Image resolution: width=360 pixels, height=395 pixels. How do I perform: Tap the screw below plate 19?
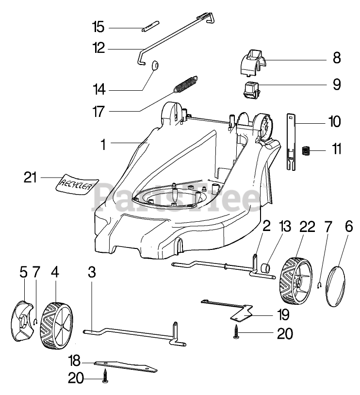[236, 334]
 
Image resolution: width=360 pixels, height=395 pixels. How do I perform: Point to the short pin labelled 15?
[150, 26]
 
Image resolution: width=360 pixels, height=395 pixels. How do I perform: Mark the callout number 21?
[30, 178]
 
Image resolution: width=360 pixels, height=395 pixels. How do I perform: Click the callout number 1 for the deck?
[102, 144]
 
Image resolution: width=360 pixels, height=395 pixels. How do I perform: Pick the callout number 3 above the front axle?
[92, 273]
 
